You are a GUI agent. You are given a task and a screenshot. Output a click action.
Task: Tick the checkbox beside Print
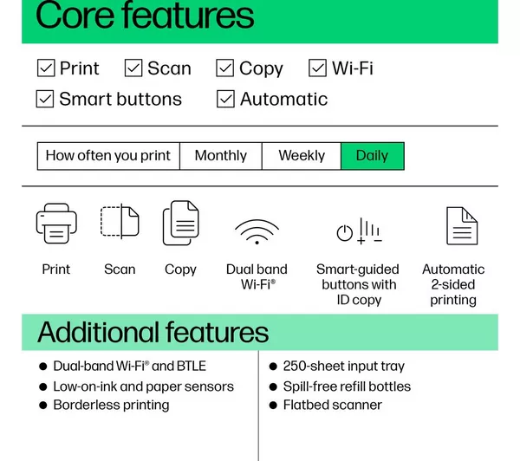point(46,68)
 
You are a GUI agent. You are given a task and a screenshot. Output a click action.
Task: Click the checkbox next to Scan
point(133,68)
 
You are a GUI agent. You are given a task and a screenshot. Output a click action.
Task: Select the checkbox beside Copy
point(224,68)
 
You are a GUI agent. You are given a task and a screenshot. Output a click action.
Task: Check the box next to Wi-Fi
point(317,68)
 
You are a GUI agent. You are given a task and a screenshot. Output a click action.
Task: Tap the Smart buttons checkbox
point(45,99)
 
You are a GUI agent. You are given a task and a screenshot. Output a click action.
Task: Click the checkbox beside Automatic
point(225,99)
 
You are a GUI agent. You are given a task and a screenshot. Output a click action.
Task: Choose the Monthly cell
point(221,156)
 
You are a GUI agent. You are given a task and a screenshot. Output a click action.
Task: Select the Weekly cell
point(302,156)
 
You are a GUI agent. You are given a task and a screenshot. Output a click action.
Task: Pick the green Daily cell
point(373,156)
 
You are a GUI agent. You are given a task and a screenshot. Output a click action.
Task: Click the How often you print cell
point(108,156)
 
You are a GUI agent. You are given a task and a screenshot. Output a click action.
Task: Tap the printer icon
point(56,224)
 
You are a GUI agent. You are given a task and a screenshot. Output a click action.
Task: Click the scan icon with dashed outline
point(120,221)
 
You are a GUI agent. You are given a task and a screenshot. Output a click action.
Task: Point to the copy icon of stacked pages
point(181,223)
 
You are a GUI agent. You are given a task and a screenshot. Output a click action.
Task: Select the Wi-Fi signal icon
point(257,232)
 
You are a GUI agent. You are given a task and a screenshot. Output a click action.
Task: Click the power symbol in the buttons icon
point(345,232)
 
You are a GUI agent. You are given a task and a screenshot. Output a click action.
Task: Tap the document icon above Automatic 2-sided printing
point(462,226)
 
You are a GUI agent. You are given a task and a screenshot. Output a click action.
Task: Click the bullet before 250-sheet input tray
point(273,367)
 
